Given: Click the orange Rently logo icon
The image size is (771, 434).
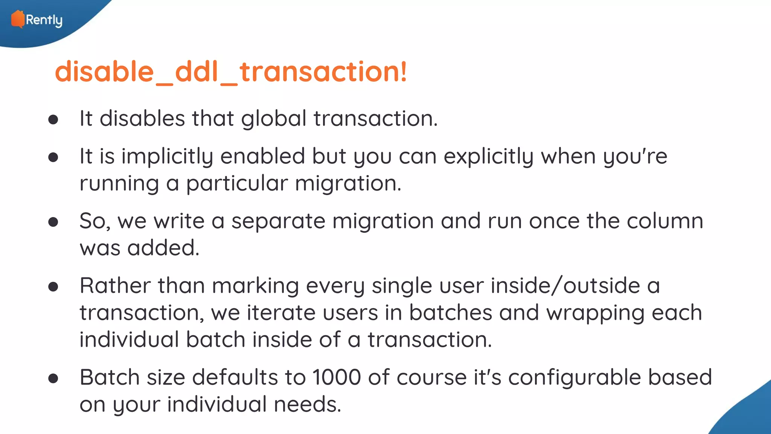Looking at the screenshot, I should pyautogui.click(x=17, y=19).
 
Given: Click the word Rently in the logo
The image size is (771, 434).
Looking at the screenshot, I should pyautogui.click(x=44, y=20).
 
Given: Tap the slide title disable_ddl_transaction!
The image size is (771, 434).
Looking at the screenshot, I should pyautogui.click(x=231, y=72).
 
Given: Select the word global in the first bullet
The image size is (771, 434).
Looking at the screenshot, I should pyautogui.click(x=274, y=119).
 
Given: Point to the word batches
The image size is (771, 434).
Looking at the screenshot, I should pyautogui.click(x=451, y=313).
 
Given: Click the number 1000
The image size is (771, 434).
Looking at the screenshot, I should pyautogui.click(x=337, y=377).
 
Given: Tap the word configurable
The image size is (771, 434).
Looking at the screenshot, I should pyautogui.click(x=574, y=378).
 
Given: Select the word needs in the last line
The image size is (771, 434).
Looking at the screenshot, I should pyautogui.click(x=307, y=405).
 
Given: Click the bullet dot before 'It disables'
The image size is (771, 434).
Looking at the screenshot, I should pyautogui.click(x=53, y=120).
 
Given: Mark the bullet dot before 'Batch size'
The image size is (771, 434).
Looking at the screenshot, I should pyautogui.click(x=53, y=378).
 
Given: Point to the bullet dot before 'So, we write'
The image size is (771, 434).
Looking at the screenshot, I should pyautogui.click(x=53, y=222).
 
